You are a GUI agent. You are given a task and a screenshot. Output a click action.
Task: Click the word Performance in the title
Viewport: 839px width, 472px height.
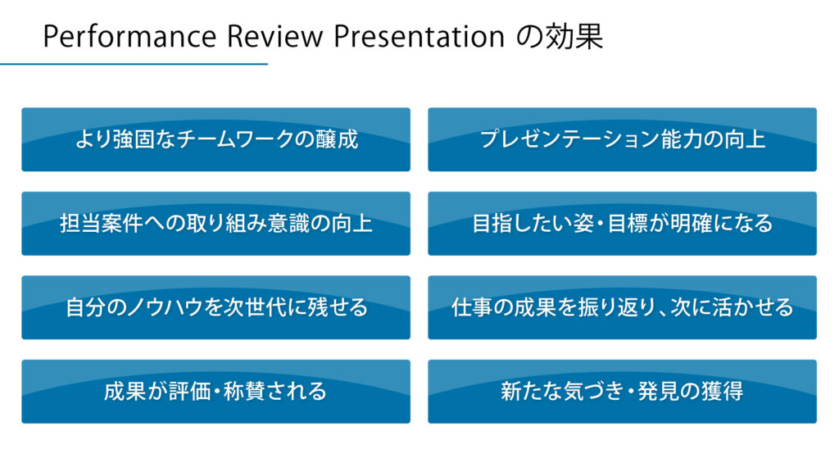click(129, 36)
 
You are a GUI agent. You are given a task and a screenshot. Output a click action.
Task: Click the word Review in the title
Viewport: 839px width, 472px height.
click(275, 36)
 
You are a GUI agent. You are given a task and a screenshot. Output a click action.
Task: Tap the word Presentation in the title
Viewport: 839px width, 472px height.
click(419, 36)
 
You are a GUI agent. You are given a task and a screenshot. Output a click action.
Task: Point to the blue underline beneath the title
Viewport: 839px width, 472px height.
click(134, 64)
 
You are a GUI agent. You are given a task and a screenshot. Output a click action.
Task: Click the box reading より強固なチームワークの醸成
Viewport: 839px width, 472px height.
click(215, 139)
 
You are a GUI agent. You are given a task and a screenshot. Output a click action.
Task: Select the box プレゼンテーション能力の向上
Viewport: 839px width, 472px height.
click(623, 139)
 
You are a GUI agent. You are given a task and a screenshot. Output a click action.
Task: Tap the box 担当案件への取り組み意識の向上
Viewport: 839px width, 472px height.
click(215, 224)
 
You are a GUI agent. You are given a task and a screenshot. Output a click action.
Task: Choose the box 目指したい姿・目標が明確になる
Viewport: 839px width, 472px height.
click(623, 224)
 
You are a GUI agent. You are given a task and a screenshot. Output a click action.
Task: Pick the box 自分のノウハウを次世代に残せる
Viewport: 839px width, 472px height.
click(215, 308)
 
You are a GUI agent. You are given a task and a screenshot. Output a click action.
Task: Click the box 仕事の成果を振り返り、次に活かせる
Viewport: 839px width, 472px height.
click(623, 308)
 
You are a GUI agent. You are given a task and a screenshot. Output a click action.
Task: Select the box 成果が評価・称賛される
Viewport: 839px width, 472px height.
click(215, 392)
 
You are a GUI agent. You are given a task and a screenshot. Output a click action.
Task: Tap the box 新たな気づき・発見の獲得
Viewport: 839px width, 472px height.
click(623, 392)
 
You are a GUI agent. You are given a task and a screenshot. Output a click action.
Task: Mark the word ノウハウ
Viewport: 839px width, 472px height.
click(166, 308)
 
